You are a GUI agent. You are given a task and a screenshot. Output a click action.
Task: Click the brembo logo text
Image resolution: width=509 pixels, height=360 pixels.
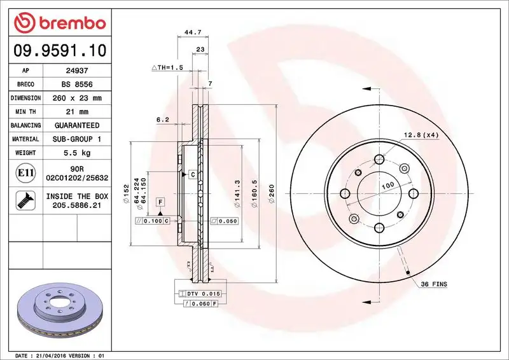pyautogui.click(x=68, y=24)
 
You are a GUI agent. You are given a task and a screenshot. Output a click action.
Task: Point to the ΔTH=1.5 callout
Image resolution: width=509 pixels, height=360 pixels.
pyautogui.click(x=167, y=67)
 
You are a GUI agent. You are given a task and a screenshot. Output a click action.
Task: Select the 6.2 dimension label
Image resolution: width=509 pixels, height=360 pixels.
pyautogui.click(x=162, y=120)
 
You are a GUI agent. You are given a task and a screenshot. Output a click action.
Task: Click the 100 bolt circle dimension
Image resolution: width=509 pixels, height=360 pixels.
pyautogui.click(x=386, y=185)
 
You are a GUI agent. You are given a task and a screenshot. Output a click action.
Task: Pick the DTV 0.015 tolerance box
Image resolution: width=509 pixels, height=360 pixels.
pyautogui.click(x=201, y=293)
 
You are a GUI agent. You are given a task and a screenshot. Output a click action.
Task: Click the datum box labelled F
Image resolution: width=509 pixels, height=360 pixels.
pyautogui.click(x=161, y=202)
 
